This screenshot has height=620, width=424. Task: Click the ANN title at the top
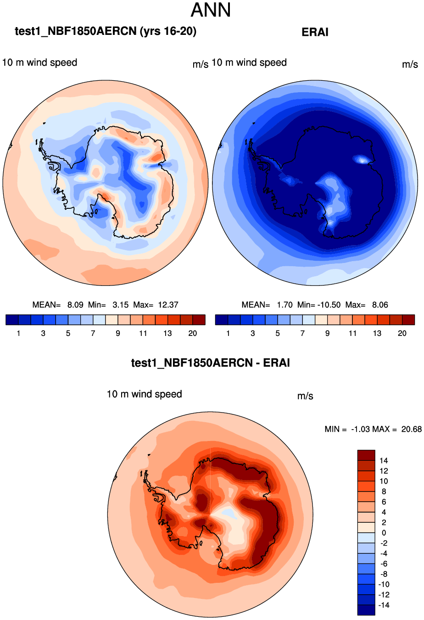click(211, 11)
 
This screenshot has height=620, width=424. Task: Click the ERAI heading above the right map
click(315, 32)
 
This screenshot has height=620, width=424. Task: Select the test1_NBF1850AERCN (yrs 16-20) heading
click(106, 31)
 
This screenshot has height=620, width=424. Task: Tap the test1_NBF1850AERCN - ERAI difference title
click(211, 363)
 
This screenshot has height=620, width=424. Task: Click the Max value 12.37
click(168, 305)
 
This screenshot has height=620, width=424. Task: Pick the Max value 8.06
click(380, 305)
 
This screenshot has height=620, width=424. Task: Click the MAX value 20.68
click(411, 430)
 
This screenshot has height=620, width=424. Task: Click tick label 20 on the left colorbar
click(193, 334)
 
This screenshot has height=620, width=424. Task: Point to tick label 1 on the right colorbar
click(228, 334)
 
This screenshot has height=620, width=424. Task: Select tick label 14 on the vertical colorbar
click(384, 461)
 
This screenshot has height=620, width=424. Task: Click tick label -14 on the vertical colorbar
click(383, 605)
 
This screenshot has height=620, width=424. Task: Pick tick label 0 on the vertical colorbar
click(384, 533)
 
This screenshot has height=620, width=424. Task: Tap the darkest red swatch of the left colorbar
click(199, 320)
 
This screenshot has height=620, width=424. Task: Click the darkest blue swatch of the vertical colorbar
click(366, 610)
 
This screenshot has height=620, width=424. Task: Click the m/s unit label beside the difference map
click(305, 396)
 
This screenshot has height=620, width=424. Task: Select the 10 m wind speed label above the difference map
click(145, 394)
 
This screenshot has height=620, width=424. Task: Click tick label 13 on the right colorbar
click(377, 334)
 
